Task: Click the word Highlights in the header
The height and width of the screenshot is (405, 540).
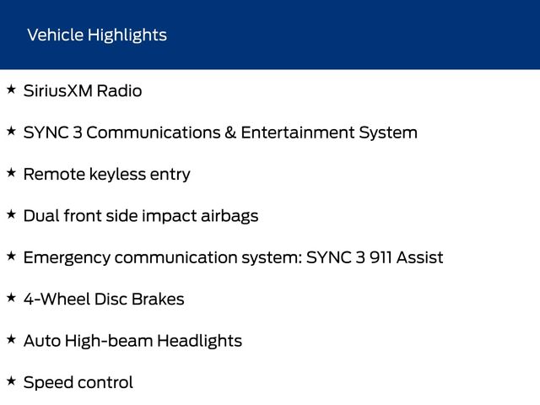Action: [x=127, y=35]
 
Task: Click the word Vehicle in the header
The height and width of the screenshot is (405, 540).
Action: [x=55, y=35]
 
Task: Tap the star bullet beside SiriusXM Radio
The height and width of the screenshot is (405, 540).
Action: [x=11, y=89]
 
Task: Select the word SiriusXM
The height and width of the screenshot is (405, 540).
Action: [x=58, y=91]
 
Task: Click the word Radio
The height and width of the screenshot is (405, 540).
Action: [x=119, y=91]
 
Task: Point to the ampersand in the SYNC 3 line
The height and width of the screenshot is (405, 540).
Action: [x=230, y=132]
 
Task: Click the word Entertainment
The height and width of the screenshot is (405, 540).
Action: [x=298, y=132]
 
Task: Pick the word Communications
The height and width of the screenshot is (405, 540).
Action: [x=154, y=132]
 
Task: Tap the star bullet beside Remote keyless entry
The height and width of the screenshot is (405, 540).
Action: [x=11, y=172]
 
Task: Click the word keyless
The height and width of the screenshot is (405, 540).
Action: [x=117, y=175]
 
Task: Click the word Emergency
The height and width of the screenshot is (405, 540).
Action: [x=67, y=258]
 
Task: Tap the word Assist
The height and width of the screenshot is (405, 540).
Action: [x=420, y=257]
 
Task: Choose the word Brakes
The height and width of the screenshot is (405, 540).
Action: [x=158, y=300]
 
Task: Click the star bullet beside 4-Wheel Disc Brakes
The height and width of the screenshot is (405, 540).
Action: [x=11, y=298]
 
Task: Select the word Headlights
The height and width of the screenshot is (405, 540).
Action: [x=199, y=341]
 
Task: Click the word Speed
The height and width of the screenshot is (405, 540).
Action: [x=50, y=383]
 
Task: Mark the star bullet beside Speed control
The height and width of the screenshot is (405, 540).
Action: [x=11, y=381]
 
